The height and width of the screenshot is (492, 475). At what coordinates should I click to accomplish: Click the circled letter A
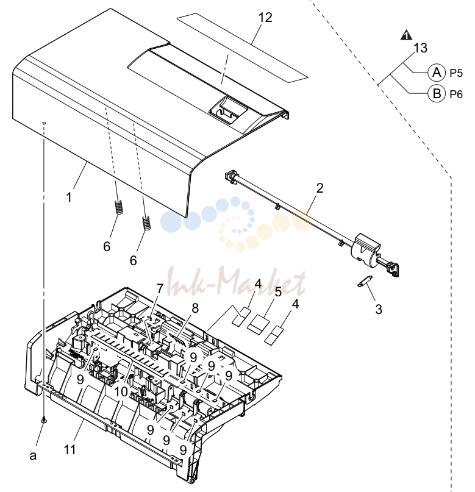coord(437,73)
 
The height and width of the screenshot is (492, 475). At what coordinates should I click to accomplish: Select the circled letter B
coord(437,93)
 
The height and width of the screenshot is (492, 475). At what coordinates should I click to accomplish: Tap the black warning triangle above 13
coord(407,35)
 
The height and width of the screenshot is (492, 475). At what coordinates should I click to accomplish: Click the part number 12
coord(265,18)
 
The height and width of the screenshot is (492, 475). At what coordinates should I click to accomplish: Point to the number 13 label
coord(420,48)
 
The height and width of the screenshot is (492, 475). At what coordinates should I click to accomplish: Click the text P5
coord(456,73)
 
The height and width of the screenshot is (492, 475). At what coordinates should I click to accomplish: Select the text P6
coord(456,94)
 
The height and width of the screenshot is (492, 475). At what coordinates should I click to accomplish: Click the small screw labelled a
coord(44,420)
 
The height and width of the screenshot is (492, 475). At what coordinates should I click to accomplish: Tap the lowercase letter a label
coord(33,455)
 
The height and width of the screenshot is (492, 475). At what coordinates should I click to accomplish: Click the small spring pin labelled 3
coord(365,281)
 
